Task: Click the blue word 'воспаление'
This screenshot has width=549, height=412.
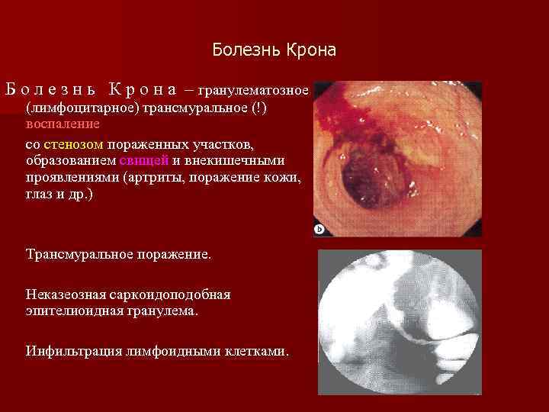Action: [63, 124]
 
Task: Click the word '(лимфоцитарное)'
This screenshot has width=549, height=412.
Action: [79, 107]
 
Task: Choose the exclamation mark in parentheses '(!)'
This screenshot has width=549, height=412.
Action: [260, 107]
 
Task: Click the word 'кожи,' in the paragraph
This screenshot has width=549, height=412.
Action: [284, 178]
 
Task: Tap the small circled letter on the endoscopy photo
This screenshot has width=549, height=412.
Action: [319, 228]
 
